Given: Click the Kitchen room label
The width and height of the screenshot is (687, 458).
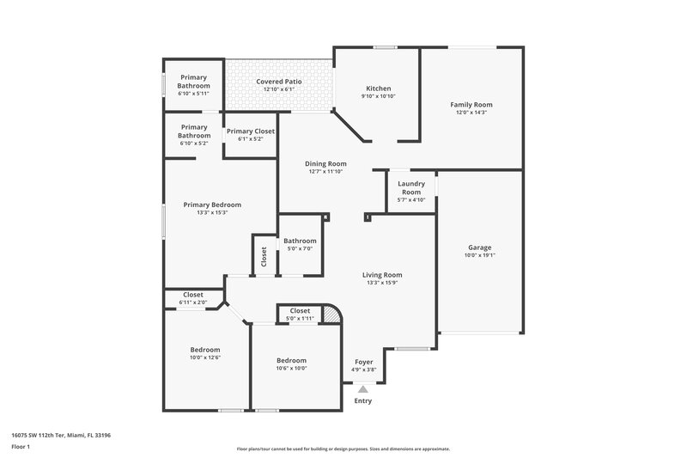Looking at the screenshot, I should [379, 89].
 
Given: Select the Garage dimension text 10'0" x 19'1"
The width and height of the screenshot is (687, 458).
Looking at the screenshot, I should [480, 254].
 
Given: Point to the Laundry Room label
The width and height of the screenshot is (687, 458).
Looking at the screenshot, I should [411, 187].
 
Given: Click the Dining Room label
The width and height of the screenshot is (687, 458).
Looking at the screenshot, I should [326, 163].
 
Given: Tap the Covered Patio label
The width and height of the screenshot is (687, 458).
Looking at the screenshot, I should [278, 82].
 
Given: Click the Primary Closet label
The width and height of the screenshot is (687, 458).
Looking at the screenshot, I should [251, 131].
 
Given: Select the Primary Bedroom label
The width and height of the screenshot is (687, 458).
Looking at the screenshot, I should [212, 205].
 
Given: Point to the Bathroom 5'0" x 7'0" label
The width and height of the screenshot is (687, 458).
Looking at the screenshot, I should [301, 241].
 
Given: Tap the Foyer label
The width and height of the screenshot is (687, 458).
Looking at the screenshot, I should [364, 362].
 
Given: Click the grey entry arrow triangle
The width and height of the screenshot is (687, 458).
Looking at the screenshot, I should [363, 389].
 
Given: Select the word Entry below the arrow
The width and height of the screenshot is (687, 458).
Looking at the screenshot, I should [363, 400].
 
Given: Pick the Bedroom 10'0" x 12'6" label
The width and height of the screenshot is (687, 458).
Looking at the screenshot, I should [205, 350].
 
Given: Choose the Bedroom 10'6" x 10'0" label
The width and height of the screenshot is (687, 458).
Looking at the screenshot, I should [291, 360].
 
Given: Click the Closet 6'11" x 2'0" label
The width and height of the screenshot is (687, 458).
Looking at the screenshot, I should [193, 294].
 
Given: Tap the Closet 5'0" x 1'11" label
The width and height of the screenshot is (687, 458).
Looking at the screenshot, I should [300, 310].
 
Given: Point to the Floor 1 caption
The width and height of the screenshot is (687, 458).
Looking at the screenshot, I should [21, 447].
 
